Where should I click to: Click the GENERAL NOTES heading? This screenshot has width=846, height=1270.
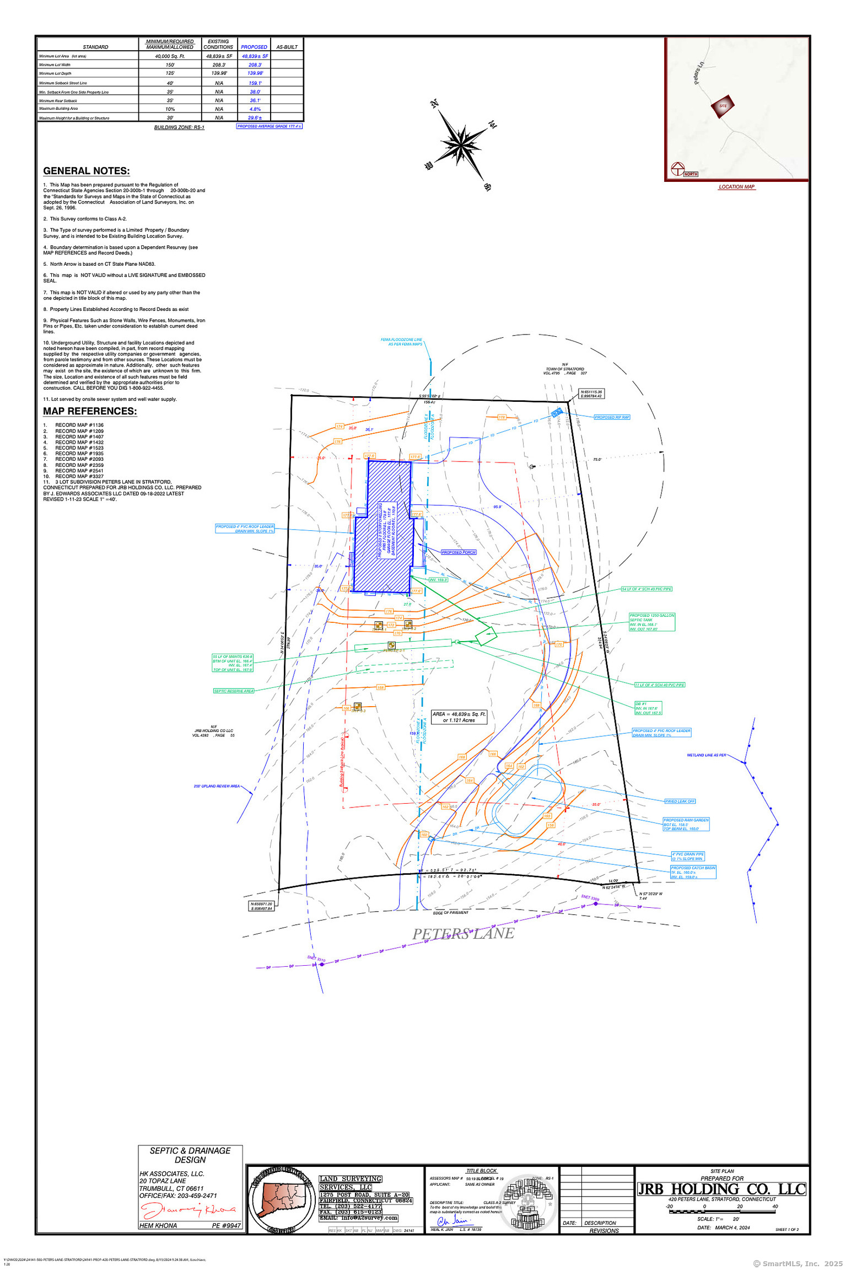pos(87,171)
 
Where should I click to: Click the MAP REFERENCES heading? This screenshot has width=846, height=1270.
pos(90,411)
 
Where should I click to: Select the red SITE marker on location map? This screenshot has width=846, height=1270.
pos(723,106)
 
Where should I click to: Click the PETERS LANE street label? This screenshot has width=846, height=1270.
pos(463,934)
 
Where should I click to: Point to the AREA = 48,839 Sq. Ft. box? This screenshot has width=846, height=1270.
pos(459,717)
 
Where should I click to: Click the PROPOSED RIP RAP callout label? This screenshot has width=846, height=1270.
pos(612,417)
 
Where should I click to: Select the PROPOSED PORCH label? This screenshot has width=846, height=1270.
pos(459,552)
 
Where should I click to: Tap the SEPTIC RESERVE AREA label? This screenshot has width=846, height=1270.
pos(234,691)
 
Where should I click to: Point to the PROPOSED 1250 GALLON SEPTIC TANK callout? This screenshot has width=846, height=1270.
pos(652,622)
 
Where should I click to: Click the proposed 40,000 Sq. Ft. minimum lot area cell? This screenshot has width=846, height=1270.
pos(170,56)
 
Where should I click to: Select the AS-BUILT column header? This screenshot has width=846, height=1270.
pos(287,47)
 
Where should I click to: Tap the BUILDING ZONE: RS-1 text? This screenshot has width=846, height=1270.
pos(179,127)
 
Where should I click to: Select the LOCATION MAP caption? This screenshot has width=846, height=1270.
pos(736,187)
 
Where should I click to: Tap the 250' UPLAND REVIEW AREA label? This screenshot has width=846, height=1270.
pos(217,786)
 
